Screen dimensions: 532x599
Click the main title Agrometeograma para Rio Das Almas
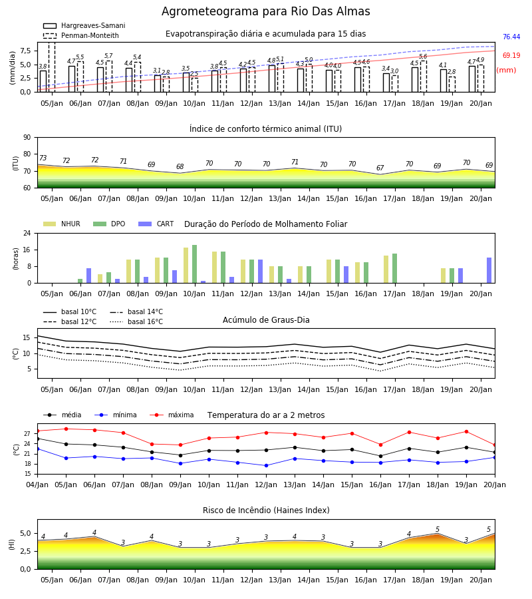[x=265, y=11]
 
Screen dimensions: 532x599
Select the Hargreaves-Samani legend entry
[x=84, y=25]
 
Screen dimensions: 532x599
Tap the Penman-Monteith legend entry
[x=81, y=35]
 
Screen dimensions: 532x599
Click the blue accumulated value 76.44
[x=511, y=37]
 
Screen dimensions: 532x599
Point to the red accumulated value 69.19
[x=511, y=55]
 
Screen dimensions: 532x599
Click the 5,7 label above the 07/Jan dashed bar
[x=108, y=56]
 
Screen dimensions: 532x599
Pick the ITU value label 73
[x=43, y=158]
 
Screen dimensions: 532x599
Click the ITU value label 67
[x=380, y=168]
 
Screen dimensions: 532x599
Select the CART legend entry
[x=156, y=224]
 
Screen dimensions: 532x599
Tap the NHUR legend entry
[x=62, y=224]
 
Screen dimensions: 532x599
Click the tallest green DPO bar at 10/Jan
[x=195, y=264]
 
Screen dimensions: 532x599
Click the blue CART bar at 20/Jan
[x=489, y=270]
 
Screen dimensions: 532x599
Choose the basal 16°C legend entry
[x=136, y=321]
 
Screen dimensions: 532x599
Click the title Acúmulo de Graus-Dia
[x=266, y=319]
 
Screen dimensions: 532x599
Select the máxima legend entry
[x=172, y=415]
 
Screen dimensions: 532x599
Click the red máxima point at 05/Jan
[x=66, y=429]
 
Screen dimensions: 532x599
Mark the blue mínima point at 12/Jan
[x=267, y=465]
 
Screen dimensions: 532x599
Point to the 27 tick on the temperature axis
[x=27, y=434]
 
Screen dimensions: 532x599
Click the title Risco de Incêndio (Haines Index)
[x=266, y=510]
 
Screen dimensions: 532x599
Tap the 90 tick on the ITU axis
[x=27, y=138]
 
